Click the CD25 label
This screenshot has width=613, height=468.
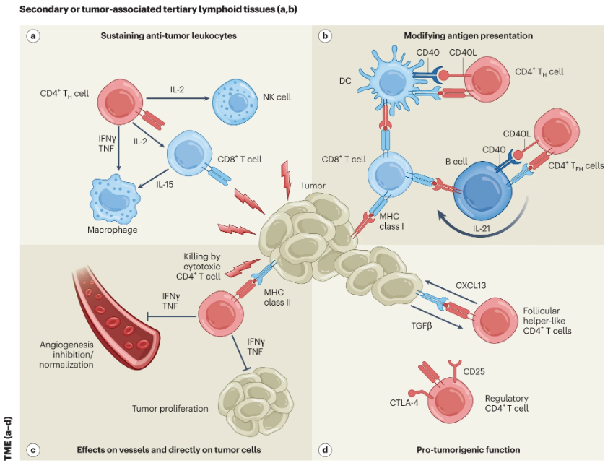click(474, 372)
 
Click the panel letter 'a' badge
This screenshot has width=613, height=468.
click(32, 35)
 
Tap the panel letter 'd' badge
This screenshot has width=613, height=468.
click(326, 450)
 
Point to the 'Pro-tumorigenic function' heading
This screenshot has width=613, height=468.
click(468, 450)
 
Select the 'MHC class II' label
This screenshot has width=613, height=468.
click(277, 297)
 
